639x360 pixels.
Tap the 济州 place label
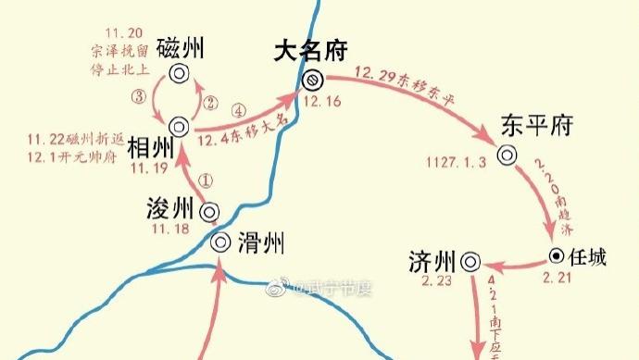pos(431,261)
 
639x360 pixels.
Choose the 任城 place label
pos(587,257)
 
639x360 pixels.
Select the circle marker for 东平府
pos(507,155)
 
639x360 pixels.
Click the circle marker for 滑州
pos(220,242)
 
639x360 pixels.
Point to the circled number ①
pos(206,180)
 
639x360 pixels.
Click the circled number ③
pos(139,94)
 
